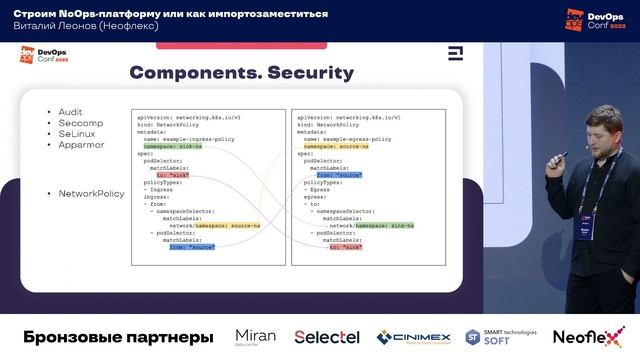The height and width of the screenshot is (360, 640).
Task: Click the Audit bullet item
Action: [x=71, y=112]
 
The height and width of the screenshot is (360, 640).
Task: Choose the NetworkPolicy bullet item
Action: [x=91, y=193]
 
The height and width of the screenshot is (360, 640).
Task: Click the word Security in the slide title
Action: [x=305, y=73]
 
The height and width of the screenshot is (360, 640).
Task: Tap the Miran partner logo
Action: [x=255, y=337]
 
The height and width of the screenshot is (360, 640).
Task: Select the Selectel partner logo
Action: [x=327, y=337]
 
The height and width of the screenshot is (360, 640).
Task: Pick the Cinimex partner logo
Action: [x=413, y=338]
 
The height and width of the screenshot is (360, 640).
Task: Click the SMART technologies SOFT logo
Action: [x=501, y=337]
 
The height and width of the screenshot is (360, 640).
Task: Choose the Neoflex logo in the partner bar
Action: [x=588, y=337]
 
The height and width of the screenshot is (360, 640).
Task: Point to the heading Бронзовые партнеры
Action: [x=118, y=338]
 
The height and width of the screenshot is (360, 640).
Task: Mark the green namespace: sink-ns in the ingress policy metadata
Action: [x=172, y=146]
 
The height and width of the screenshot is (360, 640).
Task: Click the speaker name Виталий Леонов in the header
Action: [x=61, y=26]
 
